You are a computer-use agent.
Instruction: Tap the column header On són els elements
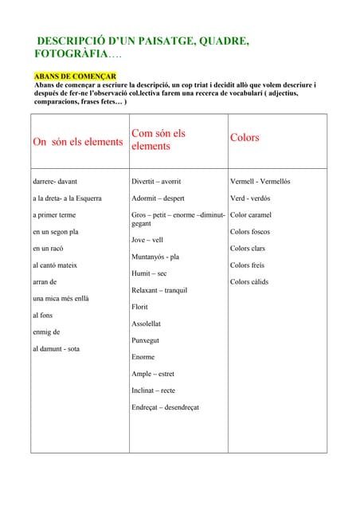click(78, 142)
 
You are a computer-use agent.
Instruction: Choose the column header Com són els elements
click(158, 140)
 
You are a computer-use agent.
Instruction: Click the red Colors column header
click(245, 137)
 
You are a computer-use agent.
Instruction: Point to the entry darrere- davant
click(54, 182)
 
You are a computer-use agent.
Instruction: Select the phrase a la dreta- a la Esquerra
click(67, 198)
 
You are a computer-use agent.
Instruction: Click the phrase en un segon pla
click(55, 231)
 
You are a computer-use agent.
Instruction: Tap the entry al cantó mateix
click(54, 265)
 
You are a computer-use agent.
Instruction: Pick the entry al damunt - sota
click(55, 348)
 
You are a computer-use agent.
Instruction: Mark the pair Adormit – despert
click(158, 198)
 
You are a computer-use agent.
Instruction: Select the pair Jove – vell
click(147, 239)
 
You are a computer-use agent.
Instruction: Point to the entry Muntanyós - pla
click(155, 257)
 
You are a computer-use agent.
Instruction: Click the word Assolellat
click(147, 324)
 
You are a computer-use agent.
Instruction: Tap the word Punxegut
click(146, 340)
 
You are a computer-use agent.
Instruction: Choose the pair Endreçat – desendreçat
click(165, 407)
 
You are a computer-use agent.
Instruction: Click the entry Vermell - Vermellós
click(260, 182)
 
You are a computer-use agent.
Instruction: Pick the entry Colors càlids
click(249, 281)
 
